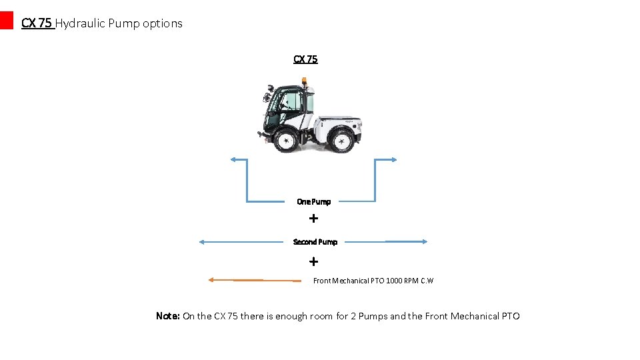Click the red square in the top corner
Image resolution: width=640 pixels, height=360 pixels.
(6, 20)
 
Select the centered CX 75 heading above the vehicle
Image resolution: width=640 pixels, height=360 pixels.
(305, 59)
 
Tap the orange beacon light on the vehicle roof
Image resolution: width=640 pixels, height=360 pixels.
(304, 82)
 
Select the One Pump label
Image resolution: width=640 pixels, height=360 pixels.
(313, 201)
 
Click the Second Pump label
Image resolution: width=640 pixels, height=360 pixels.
(315, 241)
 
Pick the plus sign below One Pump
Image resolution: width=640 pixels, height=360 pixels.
(313, 218)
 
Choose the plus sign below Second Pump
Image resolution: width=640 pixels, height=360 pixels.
(313, 261)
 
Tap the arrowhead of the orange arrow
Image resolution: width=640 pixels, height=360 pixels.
(211, 280)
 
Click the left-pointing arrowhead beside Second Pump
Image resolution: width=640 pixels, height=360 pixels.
(202, 242)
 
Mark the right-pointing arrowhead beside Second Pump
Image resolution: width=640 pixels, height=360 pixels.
(424, 241)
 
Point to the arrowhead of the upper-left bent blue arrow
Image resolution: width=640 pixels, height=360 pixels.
(232, 159)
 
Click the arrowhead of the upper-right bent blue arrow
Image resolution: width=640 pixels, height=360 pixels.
(395, 159)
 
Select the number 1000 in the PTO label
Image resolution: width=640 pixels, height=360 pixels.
(394, 281)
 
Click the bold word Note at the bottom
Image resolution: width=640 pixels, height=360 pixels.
(167, 316)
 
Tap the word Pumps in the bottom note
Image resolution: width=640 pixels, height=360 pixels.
(373, 316)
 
